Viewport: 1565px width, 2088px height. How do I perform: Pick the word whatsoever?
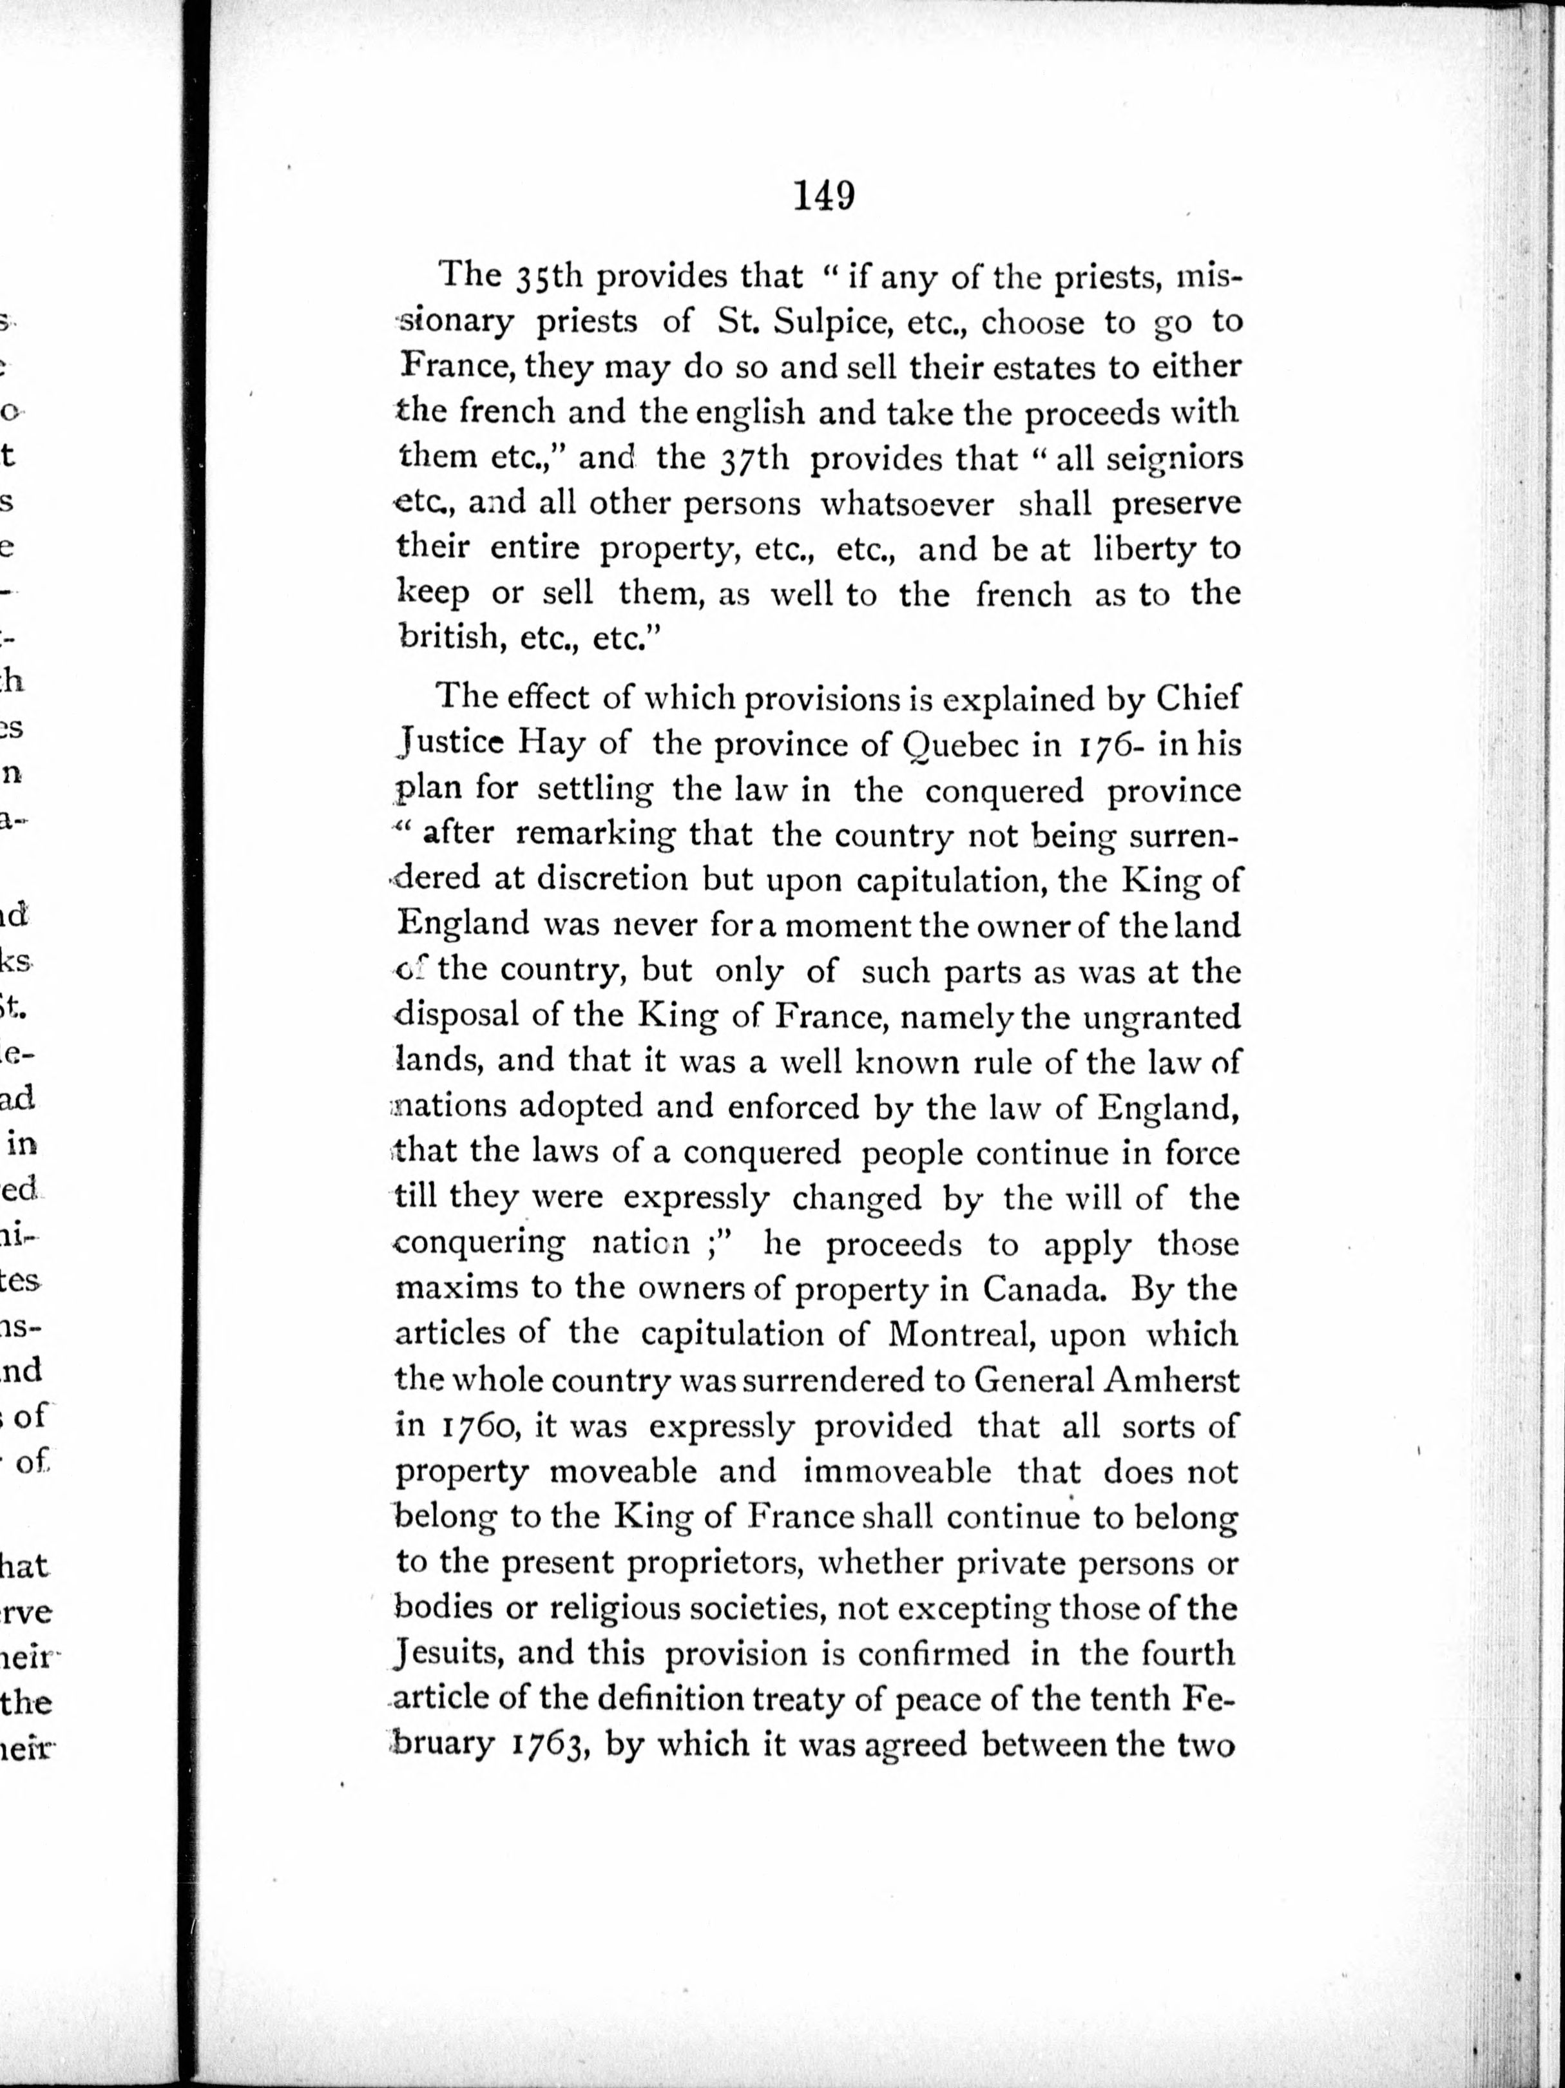coord(906,505)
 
